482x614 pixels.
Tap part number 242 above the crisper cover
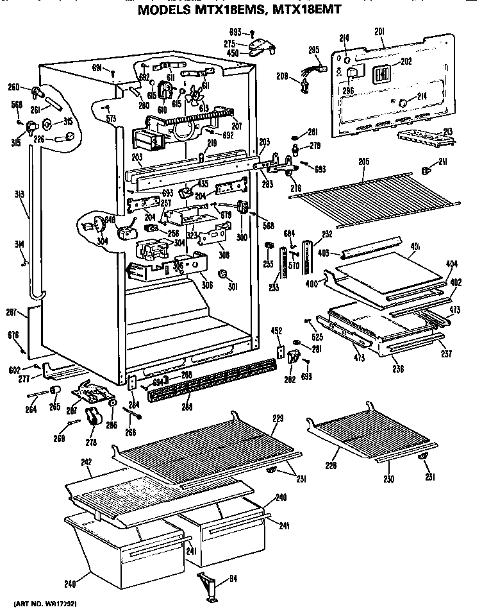[87, 463]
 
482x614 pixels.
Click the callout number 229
[278, 418]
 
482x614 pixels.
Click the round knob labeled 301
[224, 275]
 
